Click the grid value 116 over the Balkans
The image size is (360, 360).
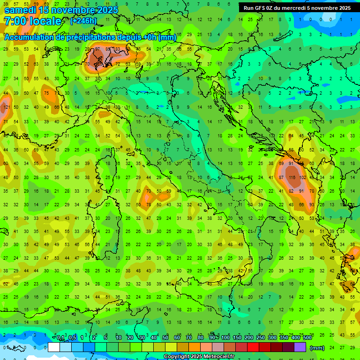click(x=292, y=178)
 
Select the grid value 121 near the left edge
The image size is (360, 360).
click(x=6, y=107)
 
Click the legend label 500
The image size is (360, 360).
click(x=307, y=338)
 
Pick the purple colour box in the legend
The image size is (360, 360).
click(x=300, y=347)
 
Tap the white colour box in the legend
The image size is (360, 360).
click(x=54, y=347)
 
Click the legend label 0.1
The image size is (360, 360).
click(x=60, y=338)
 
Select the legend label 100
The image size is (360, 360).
click(x=225, y=338)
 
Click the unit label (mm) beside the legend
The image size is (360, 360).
click(x=317, y=348)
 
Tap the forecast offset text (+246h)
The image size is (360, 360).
click(x=83, y=21)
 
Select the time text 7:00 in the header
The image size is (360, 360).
click(x=15, y=21)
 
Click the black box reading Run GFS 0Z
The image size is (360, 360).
click(x=297, y=7)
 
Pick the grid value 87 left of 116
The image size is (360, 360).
click(x=281, y=178)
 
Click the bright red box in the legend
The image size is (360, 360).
click(x=253, y=347)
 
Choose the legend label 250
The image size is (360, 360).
click(x=261, y=338)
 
